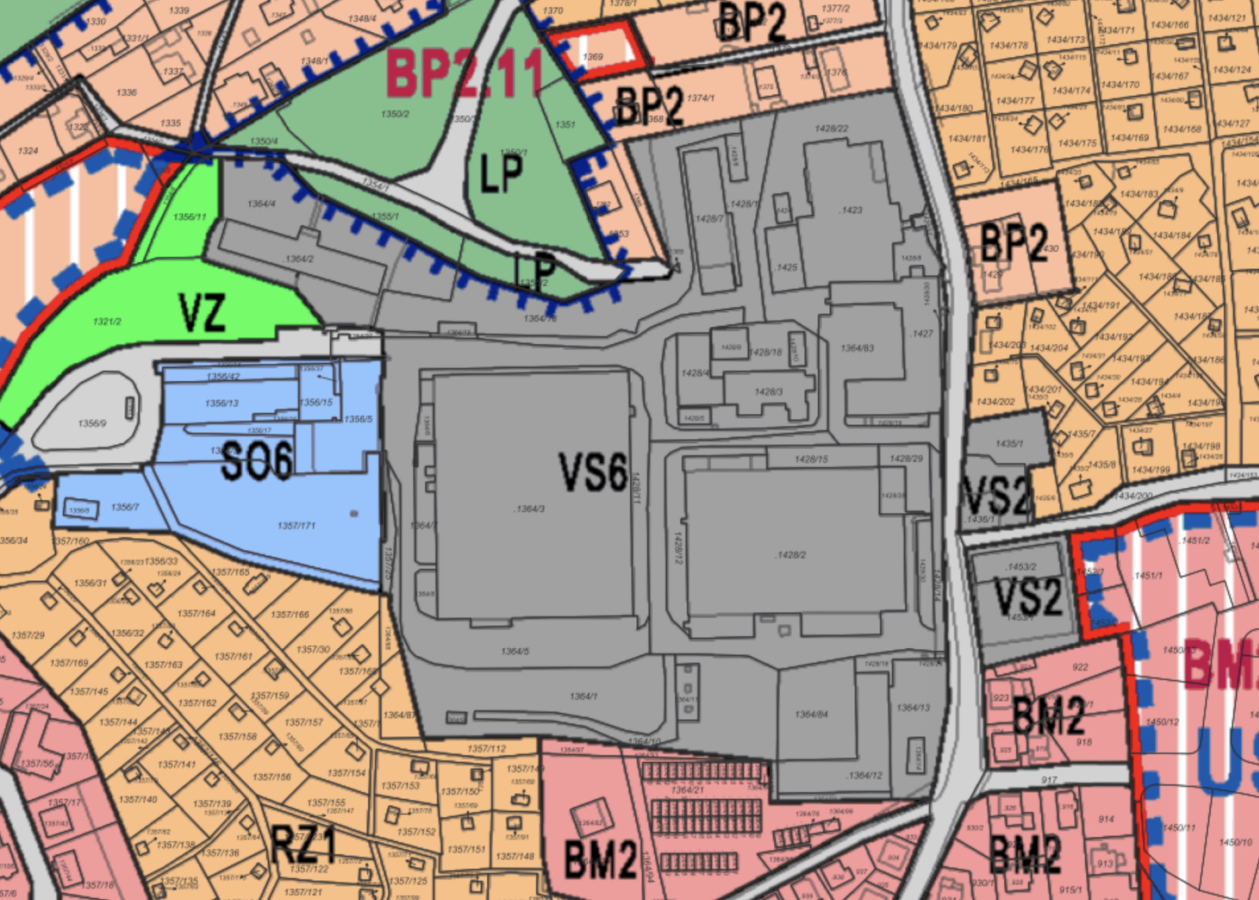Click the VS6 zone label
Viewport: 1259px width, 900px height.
[x=593, y=472]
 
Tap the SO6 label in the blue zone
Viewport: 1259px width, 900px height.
[x=257, y=461]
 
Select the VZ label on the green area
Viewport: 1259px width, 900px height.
[x=202, y=313]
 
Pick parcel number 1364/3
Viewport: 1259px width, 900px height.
[x=529, y=509]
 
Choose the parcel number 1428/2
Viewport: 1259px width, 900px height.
[x=790, y=554]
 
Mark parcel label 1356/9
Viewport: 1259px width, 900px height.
[x=92, y=423]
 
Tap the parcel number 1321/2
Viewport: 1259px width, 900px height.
[x=107, y=322]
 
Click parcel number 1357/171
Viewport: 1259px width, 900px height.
[x=296, y=525]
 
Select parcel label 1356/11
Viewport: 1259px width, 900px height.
[x=190, y=217]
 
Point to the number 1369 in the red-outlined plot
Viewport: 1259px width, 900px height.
[x=592, y=57]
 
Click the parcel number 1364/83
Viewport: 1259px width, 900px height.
[x=857, y=348]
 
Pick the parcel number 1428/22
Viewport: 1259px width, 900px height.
[x=832, y=128]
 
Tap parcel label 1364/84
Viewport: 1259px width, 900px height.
[x=811, y=714]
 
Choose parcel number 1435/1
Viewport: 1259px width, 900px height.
[x=1009, y=443]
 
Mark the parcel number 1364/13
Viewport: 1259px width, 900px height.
[x=913, y=708]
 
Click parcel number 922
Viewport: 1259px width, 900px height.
[x=1080, y=667]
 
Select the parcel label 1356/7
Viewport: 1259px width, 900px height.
[x=125, y=507]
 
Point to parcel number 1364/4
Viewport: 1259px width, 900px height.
[x=261, y=204]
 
